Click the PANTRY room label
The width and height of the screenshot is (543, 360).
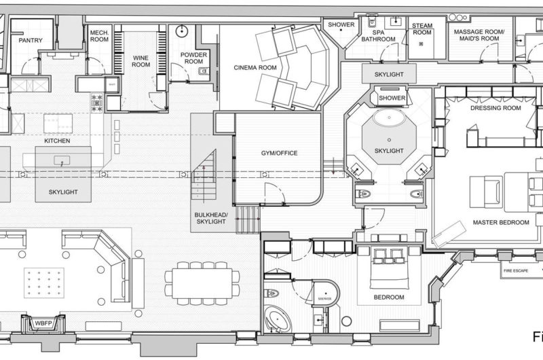(31, 41)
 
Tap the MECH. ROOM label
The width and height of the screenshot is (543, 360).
(99, 35)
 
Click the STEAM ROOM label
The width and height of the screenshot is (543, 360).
(422, 29)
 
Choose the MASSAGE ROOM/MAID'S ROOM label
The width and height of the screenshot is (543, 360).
(479, 35)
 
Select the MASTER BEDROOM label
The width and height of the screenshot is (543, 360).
(492, 221)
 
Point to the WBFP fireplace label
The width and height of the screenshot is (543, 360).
(43, 324)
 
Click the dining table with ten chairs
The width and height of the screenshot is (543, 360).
(202, 279)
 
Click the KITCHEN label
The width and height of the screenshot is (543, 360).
(58, 140)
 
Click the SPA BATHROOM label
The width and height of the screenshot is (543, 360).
(378, 35)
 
